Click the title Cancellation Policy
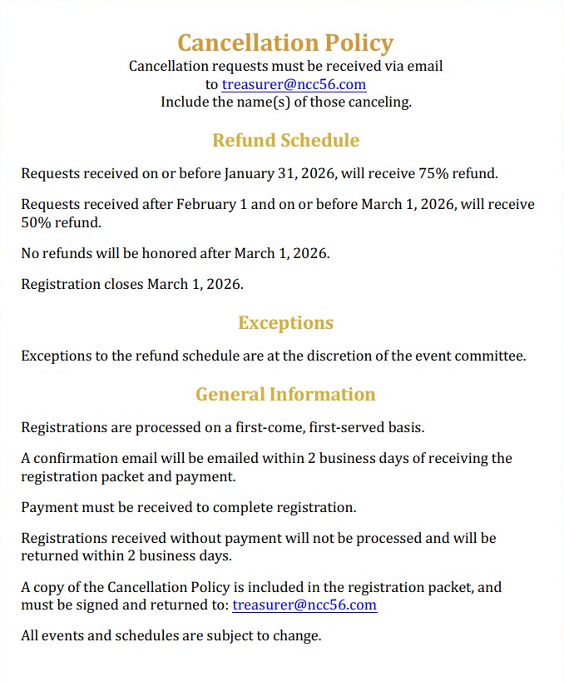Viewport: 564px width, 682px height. click(x=285, y=42)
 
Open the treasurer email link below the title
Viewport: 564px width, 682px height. click(x=294, y=84)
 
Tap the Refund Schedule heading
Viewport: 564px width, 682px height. click(x=285, y=140)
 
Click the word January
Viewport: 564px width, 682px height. click(x=252, y=174)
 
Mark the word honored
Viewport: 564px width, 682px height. click(x=178, y=253)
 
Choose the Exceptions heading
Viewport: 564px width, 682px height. click(x=285, y=323)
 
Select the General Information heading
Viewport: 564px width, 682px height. click(x=285, y=394)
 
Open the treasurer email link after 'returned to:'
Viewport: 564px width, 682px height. click(x=304, y=605)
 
